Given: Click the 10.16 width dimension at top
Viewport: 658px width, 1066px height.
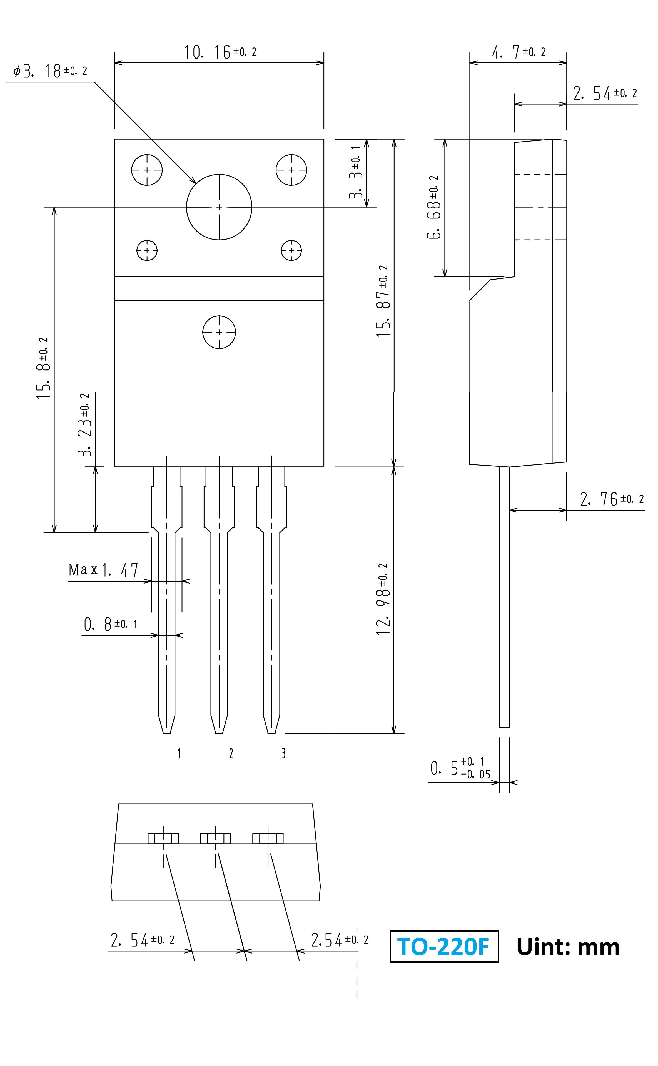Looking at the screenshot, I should pyautogui.click(x=220, y=52).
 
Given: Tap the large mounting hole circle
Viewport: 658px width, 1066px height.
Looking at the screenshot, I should pyautogui.click(x=219, y=207).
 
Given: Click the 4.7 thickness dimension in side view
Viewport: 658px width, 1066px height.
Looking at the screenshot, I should pyautogui.click(x=518, y=52).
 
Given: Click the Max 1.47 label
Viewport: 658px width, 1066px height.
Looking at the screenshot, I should pyautogui.click(x=103, y=570).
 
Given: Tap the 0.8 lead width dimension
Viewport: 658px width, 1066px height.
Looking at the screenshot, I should pyautogui.click(x=111, y=624).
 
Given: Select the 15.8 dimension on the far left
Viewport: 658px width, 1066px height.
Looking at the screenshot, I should pyautogui.click(x=44, y=369).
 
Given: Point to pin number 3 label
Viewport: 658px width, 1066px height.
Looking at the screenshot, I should pyautogui.click(x=284, y=753).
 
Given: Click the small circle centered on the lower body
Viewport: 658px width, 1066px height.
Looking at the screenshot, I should pyautogui.click(x=219, y=332).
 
